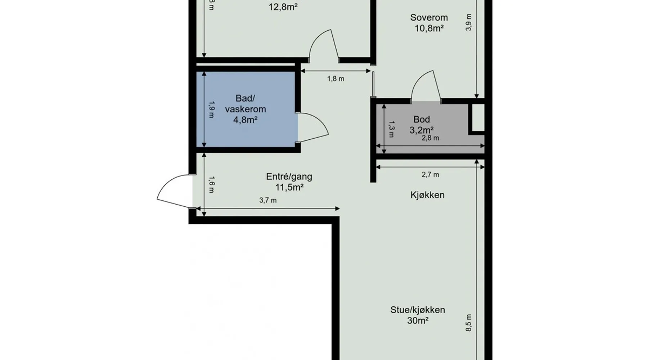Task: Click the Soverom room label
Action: coord(429,17)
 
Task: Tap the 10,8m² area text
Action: coord(429,28)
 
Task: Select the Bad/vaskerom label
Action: coord(246,103)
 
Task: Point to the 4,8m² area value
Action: coord(246,120)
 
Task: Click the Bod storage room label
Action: coord(422,119)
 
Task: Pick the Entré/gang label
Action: coord(289,177)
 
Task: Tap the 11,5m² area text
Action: coord(289,188)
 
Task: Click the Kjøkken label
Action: coord(427,195)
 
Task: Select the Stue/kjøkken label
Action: coord(418,310)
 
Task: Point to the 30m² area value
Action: coord(418,320)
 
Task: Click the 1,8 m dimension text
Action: coord(336,79)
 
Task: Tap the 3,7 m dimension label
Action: coord(268,201)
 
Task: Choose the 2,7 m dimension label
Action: coord(430,175)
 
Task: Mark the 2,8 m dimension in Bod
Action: coord(430,138)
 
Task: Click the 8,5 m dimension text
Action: coord(468,323)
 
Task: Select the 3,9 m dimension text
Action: coord(468,22)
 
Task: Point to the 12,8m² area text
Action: coord(283,7)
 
